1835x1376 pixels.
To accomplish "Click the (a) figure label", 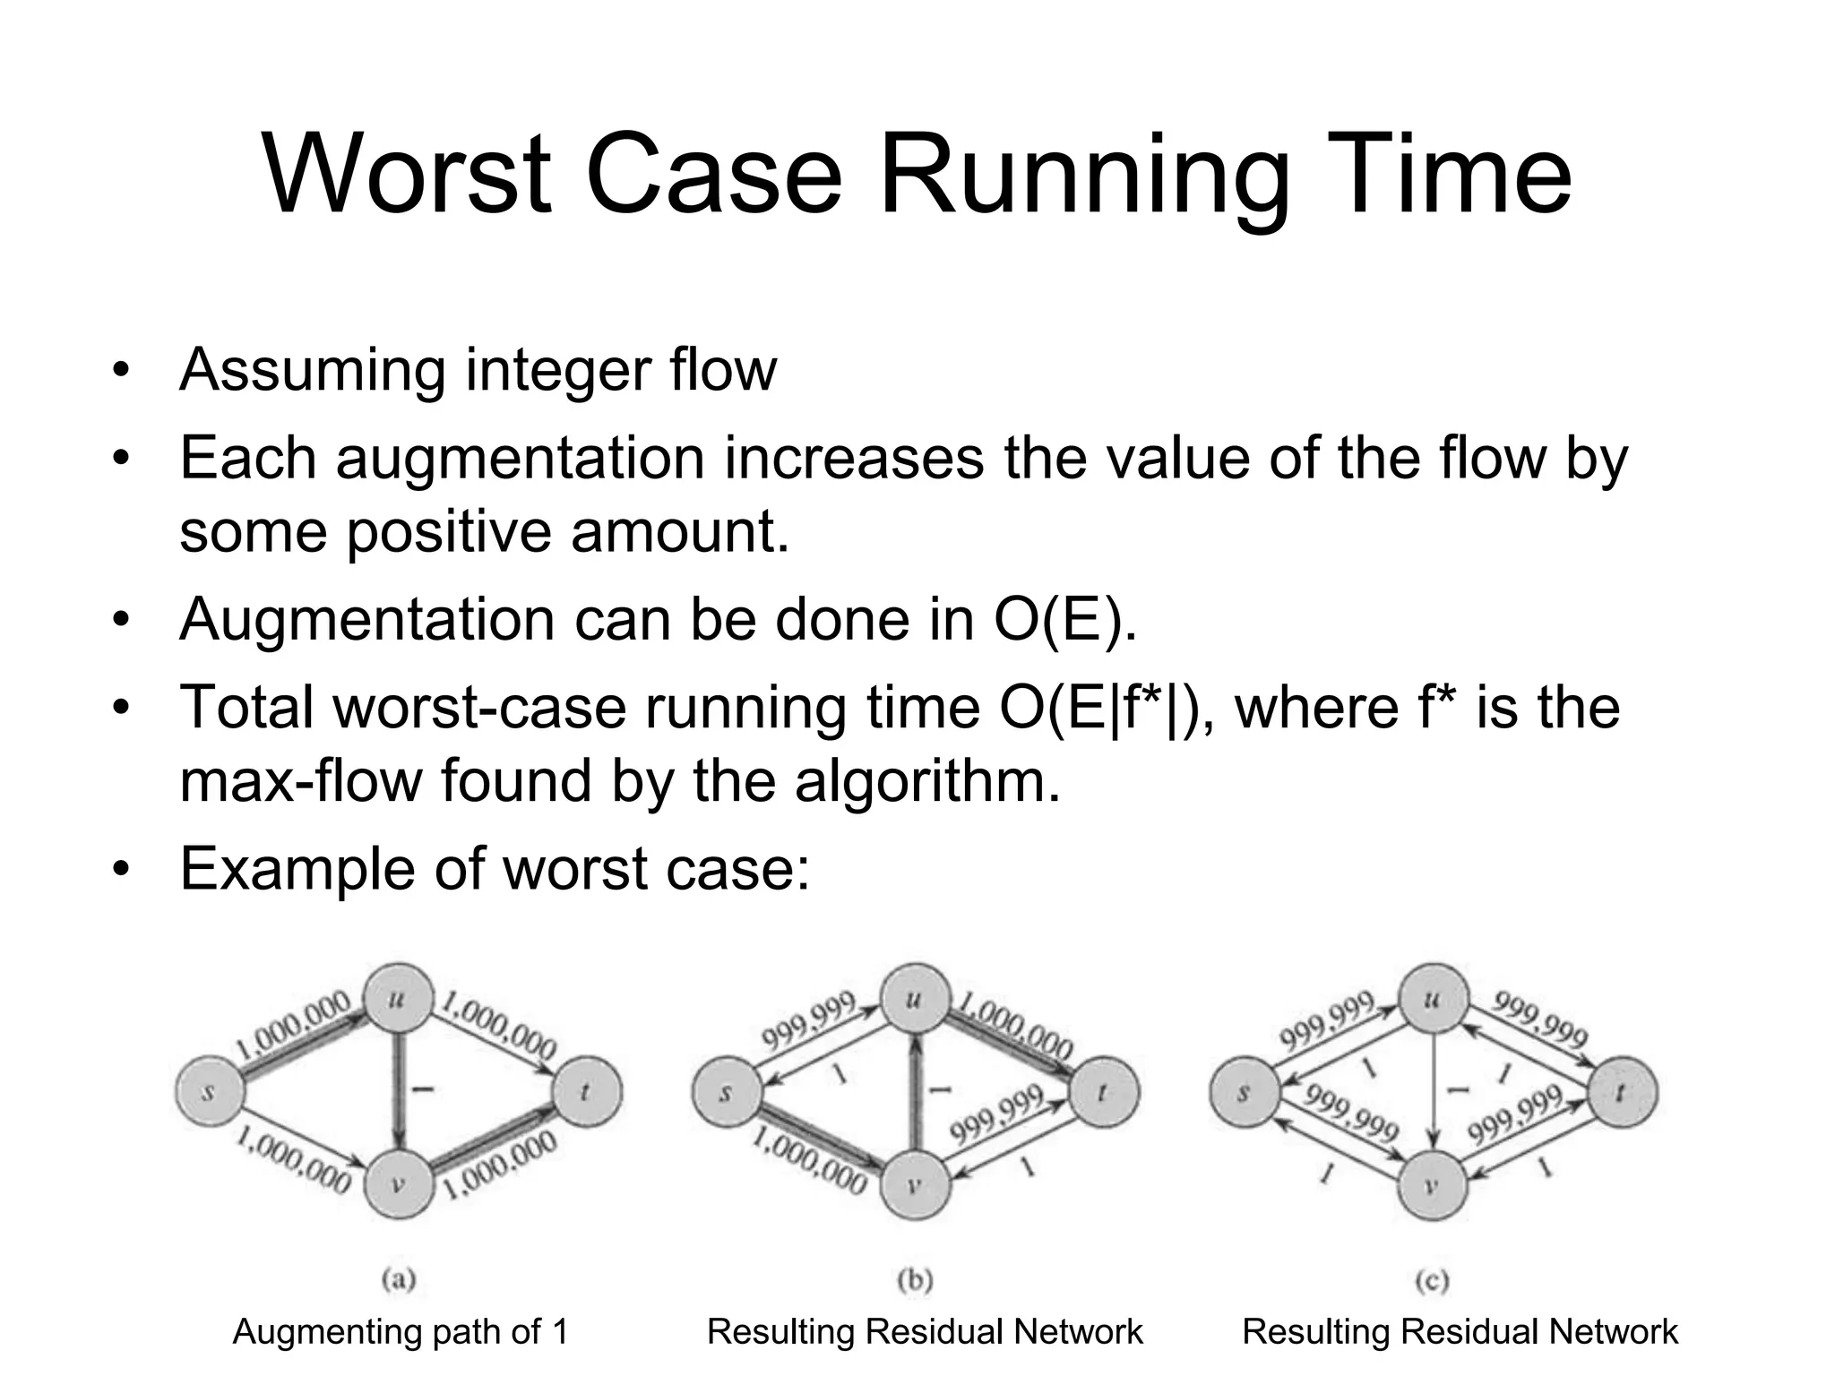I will [398, 1280].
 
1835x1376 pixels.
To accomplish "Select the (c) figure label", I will [1432, 1280].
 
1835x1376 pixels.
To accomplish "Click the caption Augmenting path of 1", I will [401, 1332].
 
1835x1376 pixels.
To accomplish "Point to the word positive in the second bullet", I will [452, 531].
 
